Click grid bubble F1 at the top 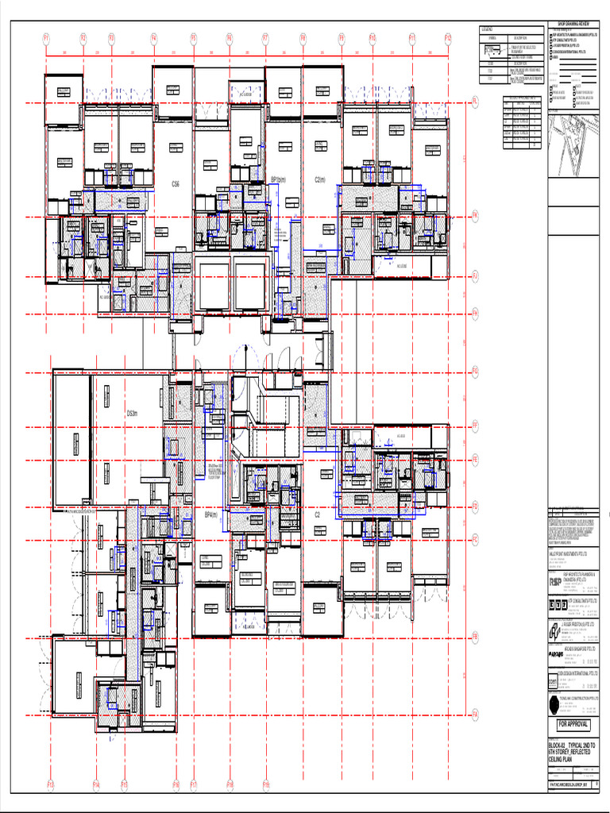(x=46, y=37)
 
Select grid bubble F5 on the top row (x=193, y=37)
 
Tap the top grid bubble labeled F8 (x=303, y=37)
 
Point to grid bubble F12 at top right (x=448, y=37)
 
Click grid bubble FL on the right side (x=475, y=102)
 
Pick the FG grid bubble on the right (x=475, y=371)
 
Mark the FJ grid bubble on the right (x=475, y=276)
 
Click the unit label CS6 (x=176, y=183)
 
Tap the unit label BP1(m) (x=278, y=179)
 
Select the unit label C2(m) (x=321, y=179)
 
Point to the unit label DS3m (x=133, y=414)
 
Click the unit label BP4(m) (x=211, y=514)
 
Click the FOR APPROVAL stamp (x=573, y=725)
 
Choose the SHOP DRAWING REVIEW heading (x=573, y=24)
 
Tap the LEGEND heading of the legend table (x=488, y=29)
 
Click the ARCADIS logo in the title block (x=555, y=655)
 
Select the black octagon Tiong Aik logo (x=554, y=705)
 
